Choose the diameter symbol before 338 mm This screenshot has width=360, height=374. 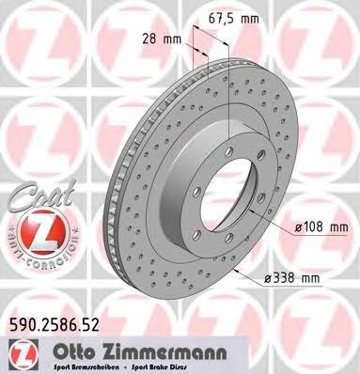[268, 277]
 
